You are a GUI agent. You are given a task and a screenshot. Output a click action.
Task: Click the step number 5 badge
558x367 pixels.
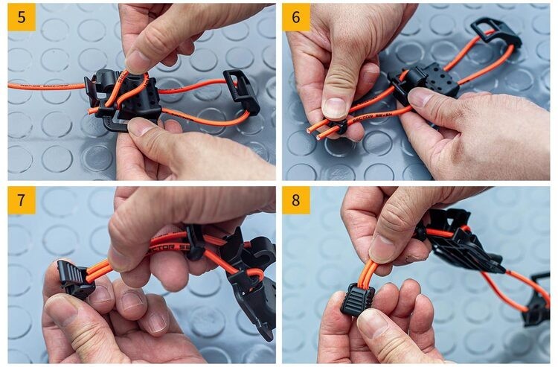coord(22,18)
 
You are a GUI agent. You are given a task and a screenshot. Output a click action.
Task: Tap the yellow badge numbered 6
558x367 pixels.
coord(296,18)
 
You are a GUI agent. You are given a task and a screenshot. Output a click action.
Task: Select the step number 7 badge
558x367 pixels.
coord(22,200)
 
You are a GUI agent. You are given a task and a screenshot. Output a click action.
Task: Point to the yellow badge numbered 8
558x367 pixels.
coord(296,200)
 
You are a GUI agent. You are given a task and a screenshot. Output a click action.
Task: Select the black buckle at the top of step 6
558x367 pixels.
coord(496,31)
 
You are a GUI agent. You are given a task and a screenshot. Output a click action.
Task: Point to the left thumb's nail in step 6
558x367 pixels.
coord(334,108)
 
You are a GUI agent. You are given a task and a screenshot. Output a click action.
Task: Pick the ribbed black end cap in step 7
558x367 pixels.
coord(75,280)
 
